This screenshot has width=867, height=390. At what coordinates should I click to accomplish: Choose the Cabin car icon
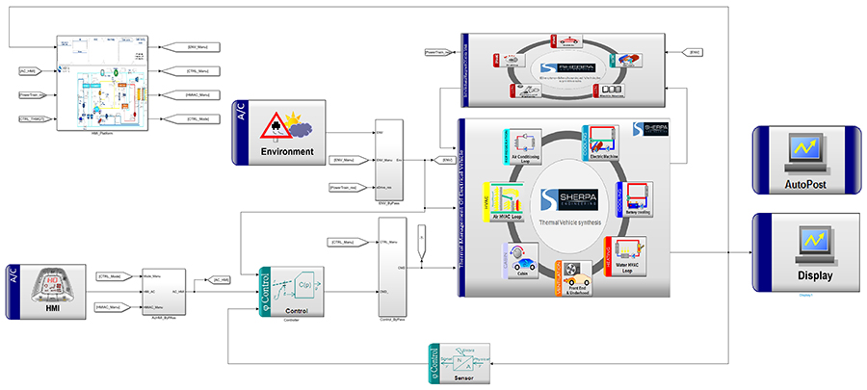click(517, 263)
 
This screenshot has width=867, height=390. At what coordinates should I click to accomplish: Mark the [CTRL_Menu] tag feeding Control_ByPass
click(344, 242)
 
